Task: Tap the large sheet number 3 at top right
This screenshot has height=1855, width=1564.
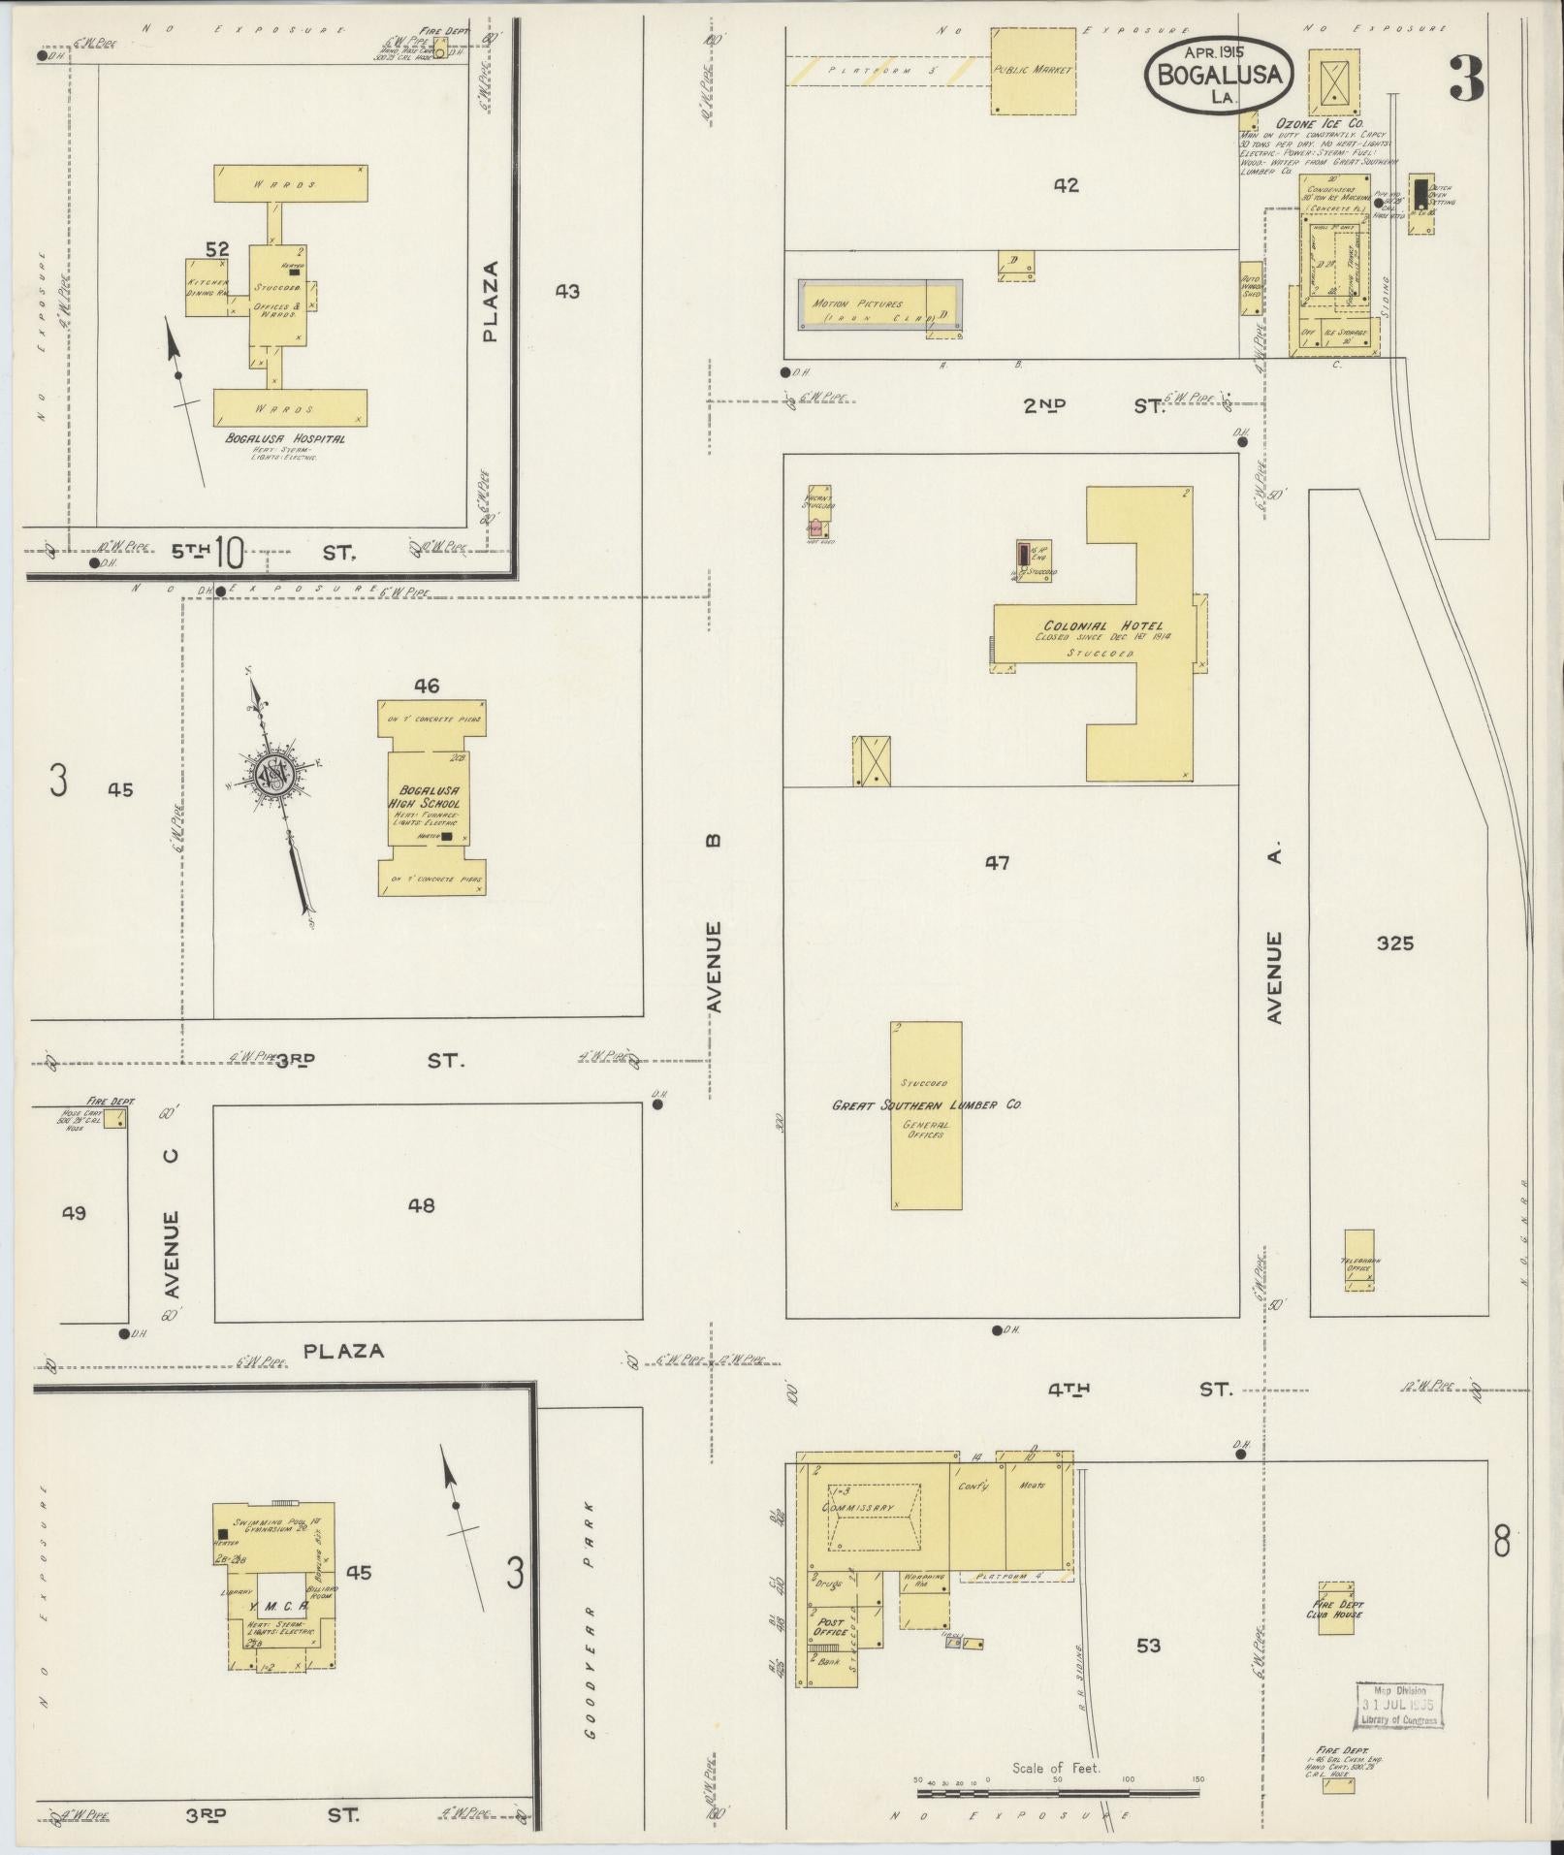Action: [1466, 80]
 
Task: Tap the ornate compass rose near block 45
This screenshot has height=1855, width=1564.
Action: [275, 779]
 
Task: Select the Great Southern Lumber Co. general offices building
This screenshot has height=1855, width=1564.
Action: [926, 1115]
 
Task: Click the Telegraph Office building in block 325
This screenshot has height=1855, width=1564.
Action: [1358, 1261]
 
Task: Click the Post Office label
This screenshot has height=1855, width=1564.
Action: [832, 1626]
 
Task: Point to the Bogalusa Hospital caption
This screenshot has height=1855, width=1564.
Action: [285, 438]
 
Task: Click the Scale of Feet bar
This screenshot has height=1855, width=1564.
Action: [1057, 1790]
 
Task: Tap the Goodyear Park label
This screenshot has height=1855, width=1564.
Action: [590, 1606]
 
